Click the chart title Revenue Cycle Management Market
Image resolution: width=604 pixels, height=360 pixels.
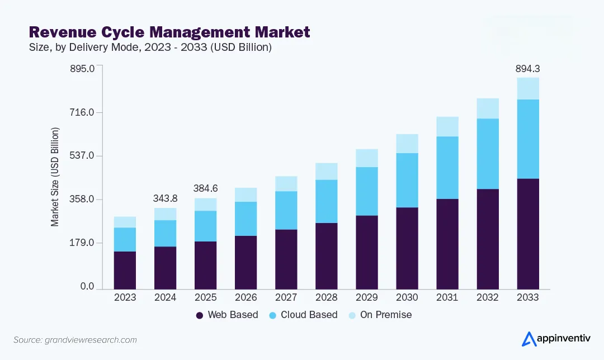(x=169, y=32)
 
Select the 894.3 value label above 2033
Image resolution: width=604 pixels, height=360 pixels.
(x=527, y=69)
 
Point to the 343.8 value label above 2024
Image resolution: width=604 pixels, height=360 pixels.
(x=165, y=198)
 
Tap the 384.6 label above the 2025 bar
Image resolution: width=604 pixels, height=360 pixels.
(x=205, y=189)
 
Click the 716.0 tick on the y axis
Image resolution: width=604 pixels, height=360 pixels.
(x=83, y=112)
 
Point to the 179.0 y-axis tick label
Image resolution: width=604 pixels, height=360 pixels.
(x=83, y=243)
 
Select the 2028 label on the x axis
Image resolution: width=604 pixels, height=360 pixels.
(x=326, y=297)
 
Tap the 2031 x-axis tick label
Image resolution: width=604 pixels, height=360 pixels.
(x=447, y=297)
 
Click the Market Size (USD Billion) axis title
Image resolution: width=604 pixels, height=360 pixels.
(x=55, y=177)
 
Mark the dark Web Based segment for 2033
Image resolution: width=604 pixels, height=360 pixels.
(x=527, y=234)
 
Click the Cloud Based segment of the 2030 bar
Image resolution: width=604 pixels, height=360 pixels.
(x=407, y=180)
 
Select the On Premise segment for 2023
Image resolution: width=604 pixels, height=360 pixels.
(x=125, y=222)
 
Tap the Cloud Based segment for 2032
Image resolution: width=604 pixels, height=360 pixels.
(x=487, y=154)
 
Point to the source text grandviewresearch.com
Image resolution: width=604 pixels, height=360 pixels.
(x=75, y=340)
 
